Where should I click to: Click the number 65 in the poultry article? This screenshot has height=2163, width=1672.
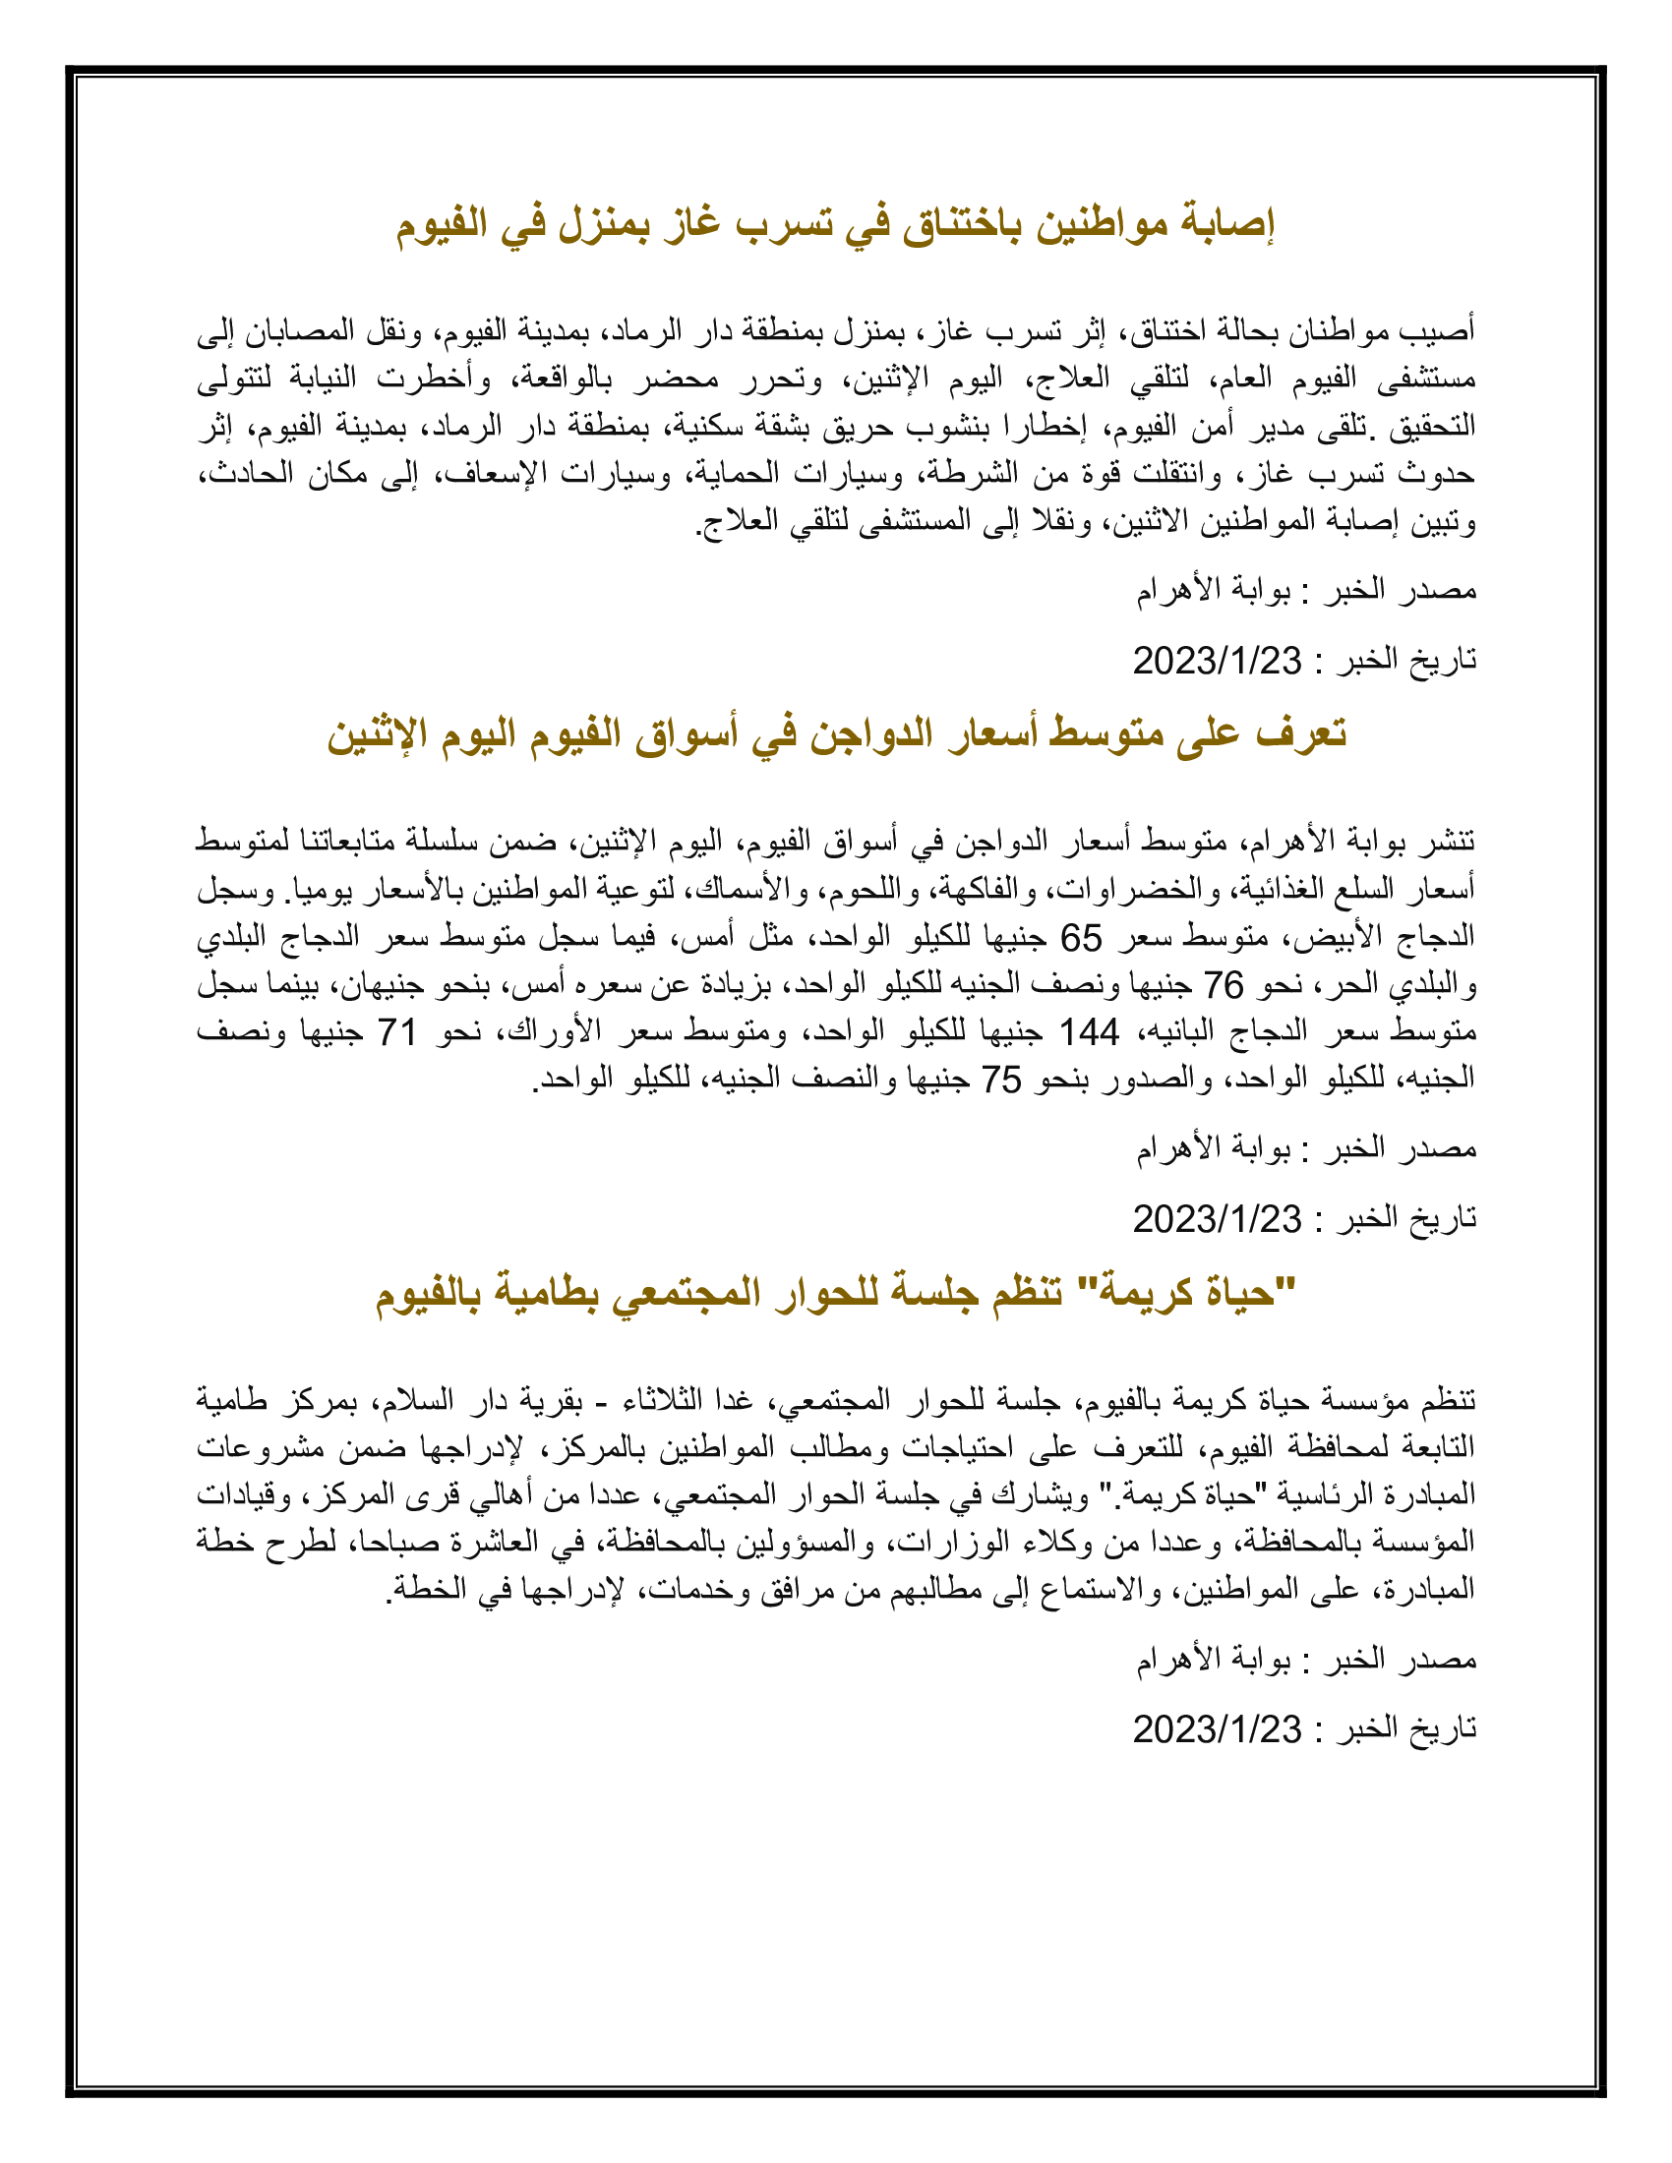point(1081,936)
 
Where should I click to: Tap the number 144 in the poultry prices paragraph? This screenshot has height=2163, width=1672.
point(1090,1032)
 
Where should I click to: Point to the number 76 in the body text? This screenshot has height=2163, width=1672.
point(1224,984)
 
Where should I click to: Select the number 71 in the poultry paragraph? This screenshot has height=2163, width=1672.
point(396,1032)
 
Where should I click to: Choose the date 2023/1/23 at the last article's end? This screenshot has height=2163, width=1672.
point(1217,1729)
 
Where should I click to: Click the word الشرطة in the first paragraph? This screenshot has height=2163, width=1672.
point(957,475)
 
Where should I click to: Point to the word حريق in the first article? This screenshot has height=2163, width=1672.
point(851,427)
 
